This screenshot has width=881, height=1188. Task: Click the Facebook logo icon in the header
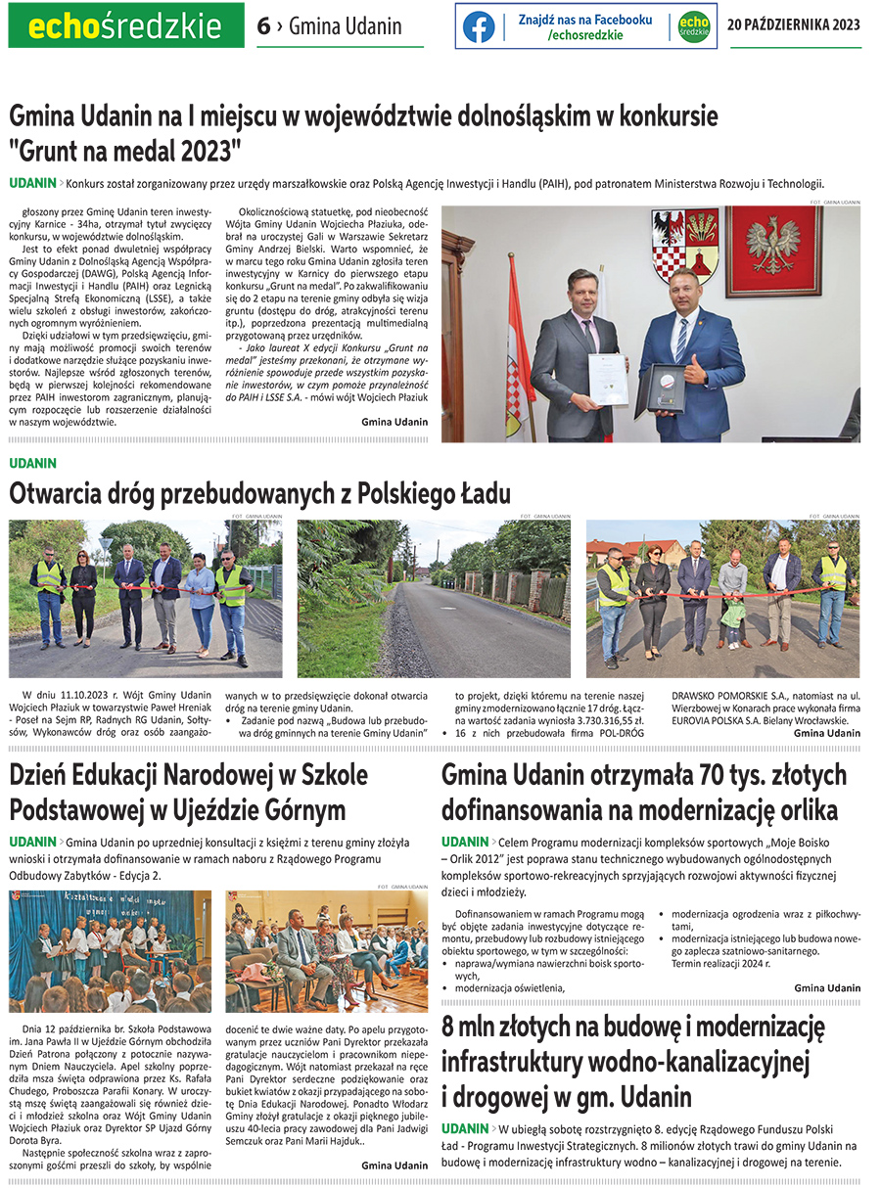[x=479, y=27]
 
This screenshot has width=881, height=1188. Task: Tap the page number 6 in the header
[x=263, y=26]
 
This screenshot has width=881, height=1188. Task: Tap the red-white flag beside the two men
[x=518, y=372]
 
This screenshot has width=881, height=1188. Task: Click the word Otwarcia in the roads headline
[x=55, y=492]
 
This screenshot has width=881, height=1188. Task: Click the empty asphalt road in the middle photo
[x=470, y=636]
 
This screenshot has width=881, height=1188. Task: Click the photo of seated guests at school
[x=326, y=950]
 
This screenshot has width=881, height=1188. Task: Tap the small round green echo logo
[x=693, y=27]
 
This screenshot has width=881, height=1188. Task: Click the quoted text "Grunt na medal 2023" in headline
[x=125, y=151]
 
